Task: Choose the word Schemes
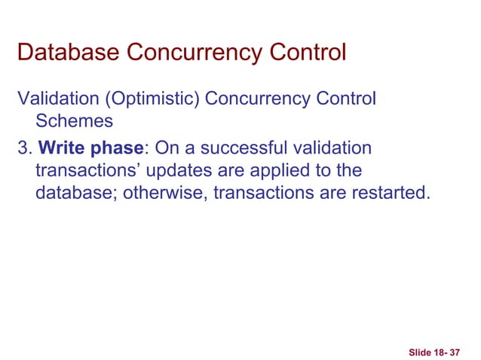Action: click(74, 121)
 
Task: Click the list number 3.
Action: click(23, 147)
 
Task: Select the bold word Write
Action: click(55, 147)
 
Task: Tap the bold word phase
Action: click(113, 147)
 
